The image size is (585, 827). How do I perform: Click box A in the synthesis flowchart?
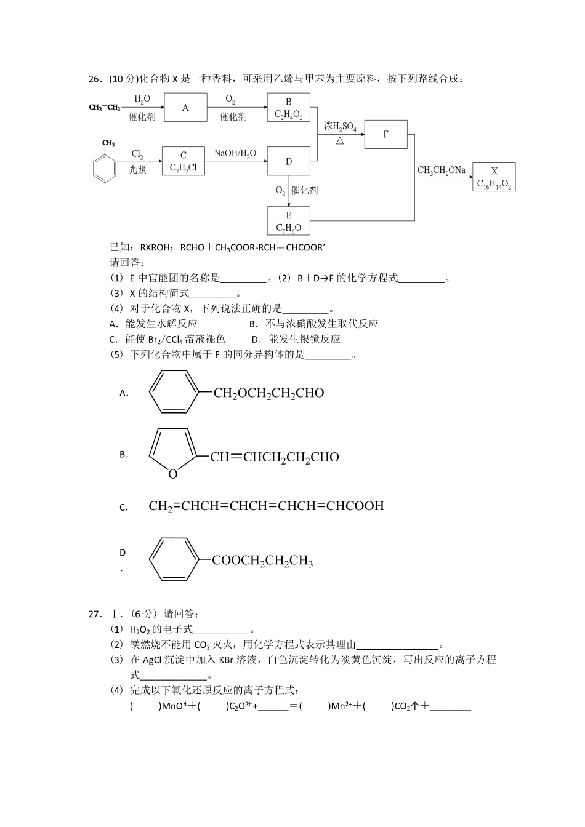coord(185,108)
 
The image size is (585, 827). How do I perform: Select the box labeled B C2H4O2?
coord(288,108)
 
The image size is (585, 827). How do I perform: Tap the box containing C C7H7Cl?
coord(184,161)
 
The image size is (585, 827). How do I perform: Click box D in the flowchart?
coord(288,161)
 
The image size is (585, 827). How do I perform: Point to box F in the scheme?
coord(385,134)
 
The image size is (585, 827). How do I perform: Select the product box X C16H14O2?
coord(494,177)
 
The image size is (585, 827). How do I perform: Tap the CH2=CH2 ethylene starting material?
coord(104,108)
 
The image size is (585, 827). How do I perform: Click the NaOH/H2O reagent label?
coord(235,153)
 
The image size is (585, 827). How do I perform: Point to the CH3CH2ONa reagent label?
coord(441,170)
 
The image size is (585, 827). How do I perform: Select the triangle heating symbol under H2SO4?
coord(339,141)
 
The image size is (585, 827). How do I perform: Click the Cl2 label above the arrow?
coord(137,154)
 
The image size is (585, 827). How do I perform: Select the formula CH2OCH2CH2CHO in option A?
coord(268,393)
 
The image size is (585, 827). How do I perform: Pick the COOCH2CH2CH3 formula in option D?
coord(262,561)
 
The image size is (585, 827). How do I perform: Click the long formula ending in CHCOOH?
coord(266,506)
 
